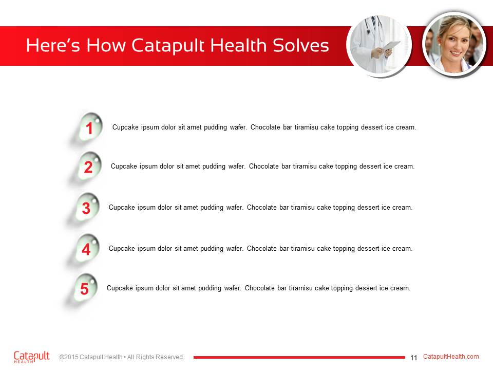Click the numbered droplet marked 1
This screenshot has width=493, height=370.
[x=90, y=127]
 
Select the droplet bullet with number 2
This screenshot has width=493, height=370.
[x=89, y=166]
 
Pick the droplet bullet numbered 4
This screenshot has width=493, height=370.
[x=87, y=249]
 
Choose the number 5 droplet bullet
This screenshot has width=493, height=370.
[x=85, y=288]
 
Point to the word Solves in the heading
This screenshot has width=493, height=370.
[x=300, y=45]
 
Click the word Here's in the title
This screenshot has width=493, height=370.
[x=53, y=45]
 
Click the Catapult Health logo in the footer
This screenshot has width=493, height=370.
[x=31, y=357]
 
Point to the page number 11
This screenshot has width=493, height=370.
[x=413, y=358]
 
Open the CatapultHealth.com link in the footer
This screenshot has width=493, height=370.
[x=451, y=357]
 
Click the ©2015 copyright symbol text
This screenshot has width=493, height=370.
[x=69, y=357]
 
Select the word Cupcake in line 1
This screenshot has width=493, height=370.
[x=125, y=127]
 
